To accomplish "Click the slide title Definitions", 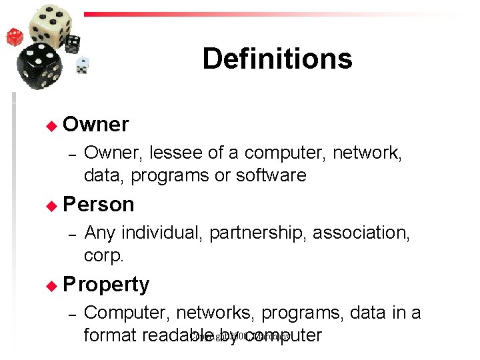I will tap(277, 59).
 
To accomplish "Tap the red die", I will tap(15, 37).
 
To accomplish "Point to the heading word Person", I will tap(99, 205).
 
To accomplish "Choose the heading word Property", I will tap(106, 285).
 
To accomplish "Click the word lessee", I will tap(176, 153).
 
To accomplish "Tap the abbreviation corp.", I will tap(104, 256).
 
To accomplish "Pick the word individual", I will tap(162, 233).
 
